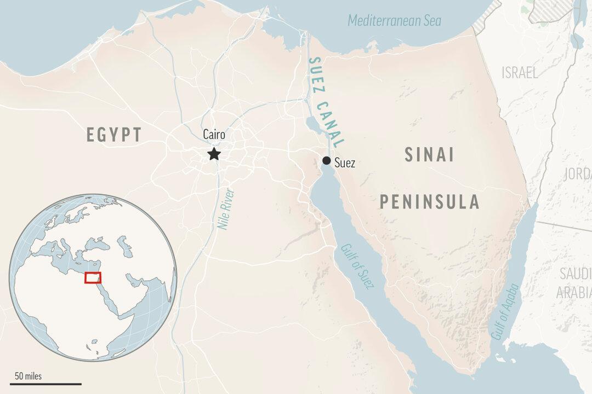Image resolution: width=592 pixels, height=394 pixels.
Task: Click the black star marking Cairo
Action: [x=214, y=154]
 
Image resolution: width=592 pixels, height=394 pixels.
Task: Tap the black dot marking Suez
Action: [x=326, y=160]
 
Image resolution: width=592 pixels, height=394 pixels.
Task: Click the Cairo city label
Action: [x=214, y=135]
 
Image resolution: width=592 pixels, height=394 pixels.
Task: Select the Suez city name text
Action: [x=345, y=163]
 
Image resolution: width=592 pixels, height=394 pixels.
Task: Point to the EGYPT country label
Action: [x=114, y=135]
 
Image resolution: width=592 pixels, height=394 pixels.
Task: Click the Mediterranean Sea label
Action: [x=395, y=21]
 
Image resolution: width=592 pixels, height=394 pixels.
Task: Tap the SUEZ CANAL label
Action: [x=326, y=102]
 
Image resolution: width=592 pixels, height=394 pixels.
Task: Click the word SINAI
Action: [x=429, y=155]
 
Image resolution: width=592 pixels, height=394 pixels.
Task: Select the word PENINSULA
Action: [x=430, y=202]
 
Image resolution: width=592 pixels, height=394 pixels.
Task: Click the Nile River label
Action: [x=226, y=208]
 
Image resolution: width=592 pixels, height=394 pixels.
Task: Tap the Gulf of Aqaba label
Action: [x=505, y=312]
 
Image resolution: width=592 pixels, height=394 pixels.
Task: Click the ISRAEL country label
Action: [x=520, y=73]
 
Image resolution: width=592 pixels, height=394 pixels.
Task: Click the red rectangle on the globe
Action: [x=93, y=277]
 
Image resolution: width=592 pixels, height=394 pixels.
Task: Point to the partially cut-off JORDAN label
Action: [x=578, y=174]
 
